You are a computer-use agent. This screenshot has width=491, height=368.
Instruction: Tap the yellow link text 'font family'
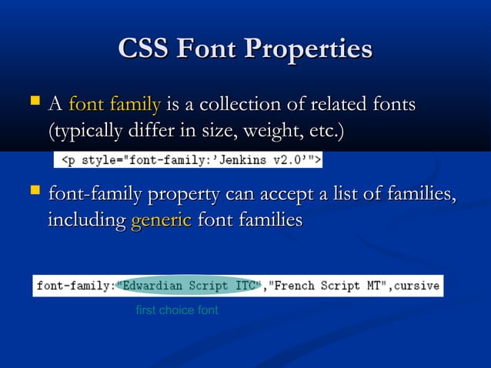coord(115,103)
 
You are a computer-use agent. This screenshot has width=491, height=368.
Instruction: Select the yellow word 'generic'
coord(161,220)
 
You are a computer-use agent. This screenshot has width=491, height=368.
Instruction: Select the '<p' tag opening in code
coord(68,159)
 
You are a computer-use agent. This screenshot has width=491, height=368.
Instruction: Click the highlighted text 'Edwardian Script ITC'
coord(178,286)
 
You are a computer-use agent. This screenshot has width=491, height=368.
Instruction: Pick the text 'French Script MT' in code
coord(324,286)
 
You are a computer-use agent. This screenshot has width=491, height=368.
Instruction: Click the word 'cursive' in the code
coord(415,286)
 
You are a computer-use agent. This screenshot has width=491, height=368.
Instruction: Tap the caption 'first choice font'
coord(176,310)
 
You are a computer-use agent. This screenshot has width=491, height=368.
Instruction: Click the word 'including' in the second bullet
coord(87,221)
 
